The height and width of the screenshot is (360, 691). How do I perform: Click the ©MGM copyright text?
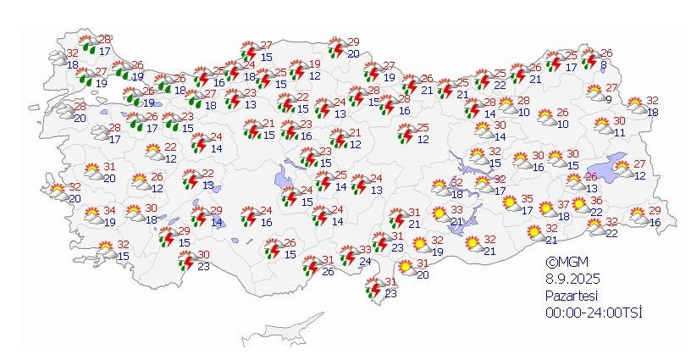[565, 263]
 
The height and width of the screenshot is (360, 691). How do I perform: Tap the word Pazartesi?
[573, 296]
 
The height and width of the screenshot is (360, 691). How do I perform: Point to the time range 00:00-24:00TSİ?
[593, 313]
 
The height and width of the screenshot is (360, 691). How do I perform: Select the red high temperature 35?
[526, 199]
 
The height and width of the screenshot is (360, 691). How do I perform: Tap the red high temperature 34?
[110, 211]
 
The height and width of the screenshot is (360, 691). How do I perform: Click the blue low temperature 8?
[603, 65]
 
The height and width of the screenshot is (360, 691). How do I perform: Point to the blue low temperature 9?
[608, 99]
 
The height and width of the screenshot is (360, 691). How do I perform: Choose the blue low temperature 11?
[620, 132]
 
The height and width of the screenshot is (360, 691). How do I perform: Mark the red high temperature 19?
[315, 64]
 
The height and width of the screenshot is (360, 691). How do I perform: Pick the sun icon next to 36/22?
[580, 206]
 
